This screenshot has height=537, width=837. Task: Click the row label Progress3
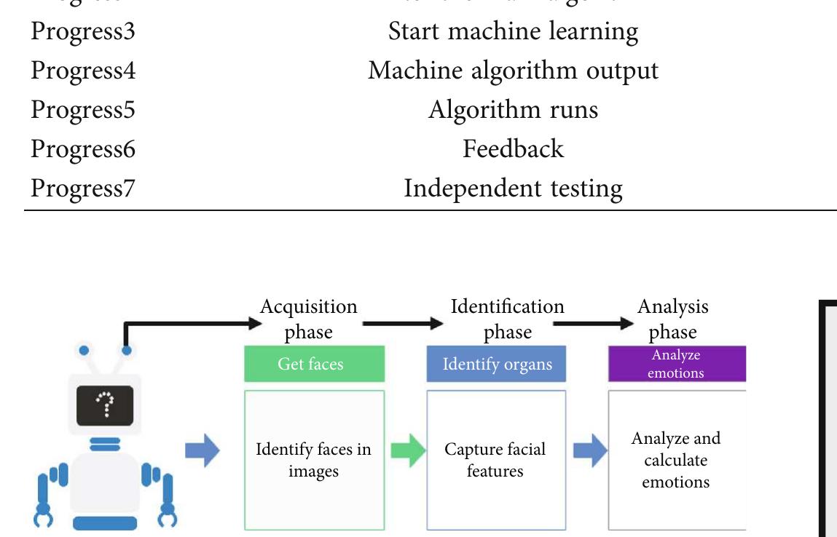coord(82,31)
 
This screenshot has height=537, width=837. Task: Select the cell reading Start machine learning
coord(513,31)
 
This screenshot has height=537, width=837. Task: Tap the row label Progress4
coord(82,71)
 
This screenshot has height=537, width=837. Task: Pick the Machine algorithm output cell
coord(513,71)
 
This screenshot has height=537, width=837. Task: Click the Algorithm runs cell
coord(513,110)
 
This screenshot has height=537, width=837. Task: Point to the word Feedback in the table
coord(513,149)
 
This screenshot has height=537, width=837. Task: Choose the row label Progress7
coord(82,188)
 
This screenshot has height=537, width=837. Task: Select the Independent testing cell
coord(513,188)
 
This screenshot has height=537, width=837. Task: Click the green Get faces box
coord(314,364)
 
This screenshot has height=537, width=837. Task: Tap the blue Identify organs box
coord(496,364)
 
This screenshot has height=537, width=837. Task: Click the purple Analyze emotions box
coord(677,364)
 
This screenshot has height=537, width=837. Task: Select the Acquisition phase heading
coord(309,319)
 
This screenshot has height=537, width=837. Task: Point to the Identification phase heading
coord(507,319)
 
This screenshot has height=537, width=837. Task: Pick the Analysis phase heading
coord(672,319)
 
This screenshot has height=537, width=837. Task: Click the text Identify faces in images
coord(313,460)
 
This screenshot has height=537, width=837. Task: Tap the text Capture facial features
coord(495,460)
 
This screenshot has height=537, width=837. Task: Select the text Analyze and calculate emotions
coord(676,460)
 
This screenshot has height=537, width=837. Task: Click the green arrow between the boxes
coord(408,451)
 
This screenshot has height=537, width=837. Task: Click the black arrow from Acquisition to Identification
coord(402,322)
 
